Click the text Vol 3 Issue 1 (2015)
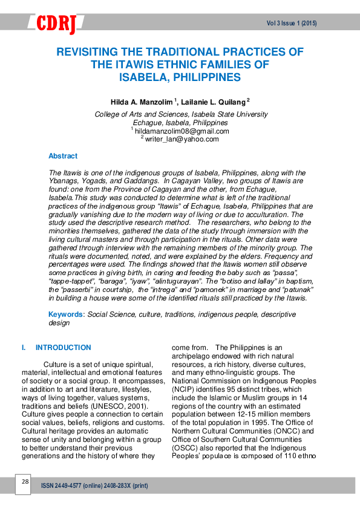tap(292, 24)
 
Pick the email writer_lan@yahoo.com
tap(182, 139)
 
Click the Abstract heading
tap(63, 156)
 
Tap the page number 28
tap(25, 482)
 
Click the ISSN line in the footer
tap(94, 486)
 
